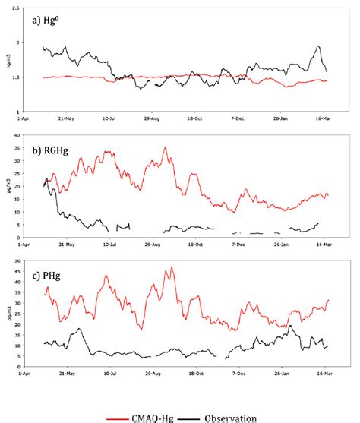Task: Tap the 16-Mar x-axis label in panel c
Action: pyautogui.click(x=325, y=374)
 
